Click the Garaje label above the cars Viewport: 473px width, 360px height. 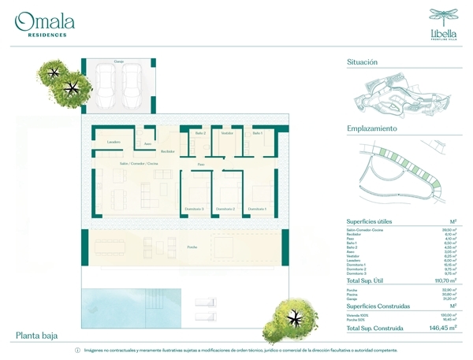tap(118, 61)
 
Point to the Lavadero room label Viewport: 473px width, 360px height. tap(114, 142)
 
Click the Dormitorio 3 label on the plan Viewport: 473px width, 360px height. tap(194, 209)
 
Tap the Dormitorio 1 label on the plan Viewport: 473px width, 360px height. tap(257, 209)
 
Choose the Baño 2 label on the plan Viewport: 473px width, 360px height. tap(200, 133)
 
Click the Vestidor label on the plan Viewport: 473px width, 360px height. tap(228, 133)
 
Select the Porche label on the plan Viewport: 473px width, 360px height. tap(192, 247)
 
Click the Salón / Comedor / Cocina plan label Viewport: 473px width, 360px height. tap(139, 163)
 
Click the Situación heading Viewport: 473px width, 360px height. tap(362, 62)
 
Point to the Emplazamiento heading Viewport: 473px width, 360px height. tap(371, 128)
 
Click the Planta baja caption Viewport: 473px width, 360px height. tap(38, 336)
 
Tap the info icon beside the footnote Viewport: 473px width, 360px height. tap(77, 350)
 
